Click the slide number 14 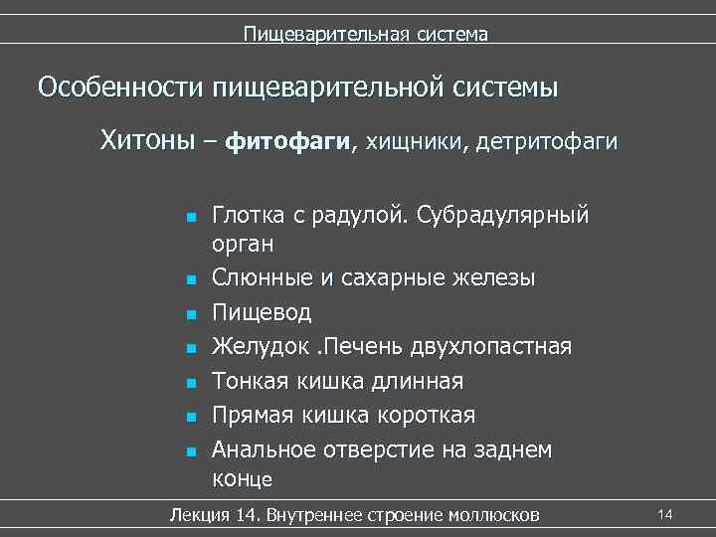point(665,513)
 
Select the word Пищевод point(262,313)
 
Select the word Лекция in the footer point(202,514)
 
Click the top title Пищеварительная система point(366,35)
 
